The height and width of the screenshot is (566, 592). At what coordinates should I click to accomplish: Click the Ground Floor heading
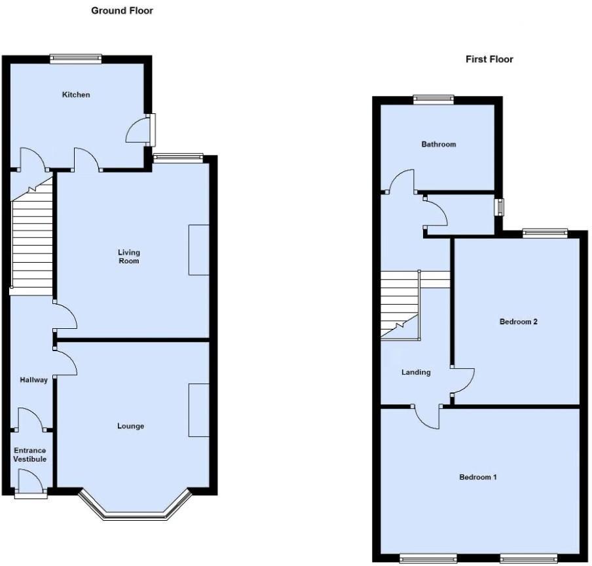coord(122,10)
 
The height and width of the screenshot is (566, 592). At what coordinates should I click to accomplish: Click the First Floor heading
coord(489,59)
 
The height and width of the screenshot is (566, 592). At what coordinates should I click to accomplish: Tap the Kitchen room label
coord(76,95)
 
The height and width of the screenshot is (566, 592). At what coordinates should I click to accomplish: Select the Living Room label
coord(129,257)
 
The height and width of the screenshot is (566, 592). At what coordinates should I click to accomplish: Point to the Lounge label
coord(130,426)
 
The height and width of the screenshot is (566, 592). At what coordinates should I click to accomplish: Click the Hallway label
coord(33,380)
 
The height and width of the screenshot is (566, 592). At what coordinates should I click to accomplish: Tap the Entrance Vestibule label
coord(30,455)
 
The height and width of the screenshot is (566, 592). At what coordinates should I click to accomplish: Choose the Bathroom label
coord(438,144)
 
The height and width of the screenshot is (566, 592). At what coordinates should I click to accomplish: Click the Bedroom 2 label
coord(518,322)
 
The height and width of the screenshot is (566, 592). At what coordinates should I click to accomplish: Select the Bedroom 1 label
coord(477,477)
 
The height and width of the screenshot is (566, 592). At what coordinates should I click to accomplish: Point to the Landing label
coord(416,372)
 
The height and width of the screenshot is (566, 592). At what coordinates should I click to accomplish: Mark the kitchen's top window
coord(76,58)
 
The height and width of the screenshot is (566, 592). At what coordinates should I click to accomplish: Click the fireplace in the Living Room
coord(198,250)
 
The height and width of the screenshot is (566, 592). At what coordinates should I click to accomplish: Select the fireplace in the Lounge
coord(198,410)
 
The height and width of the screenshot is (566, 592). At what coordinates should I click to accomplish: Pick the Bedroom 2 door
coord(462,381)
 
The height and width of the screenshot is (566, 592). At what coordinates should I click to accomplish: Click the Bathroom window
coord(434,100)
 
